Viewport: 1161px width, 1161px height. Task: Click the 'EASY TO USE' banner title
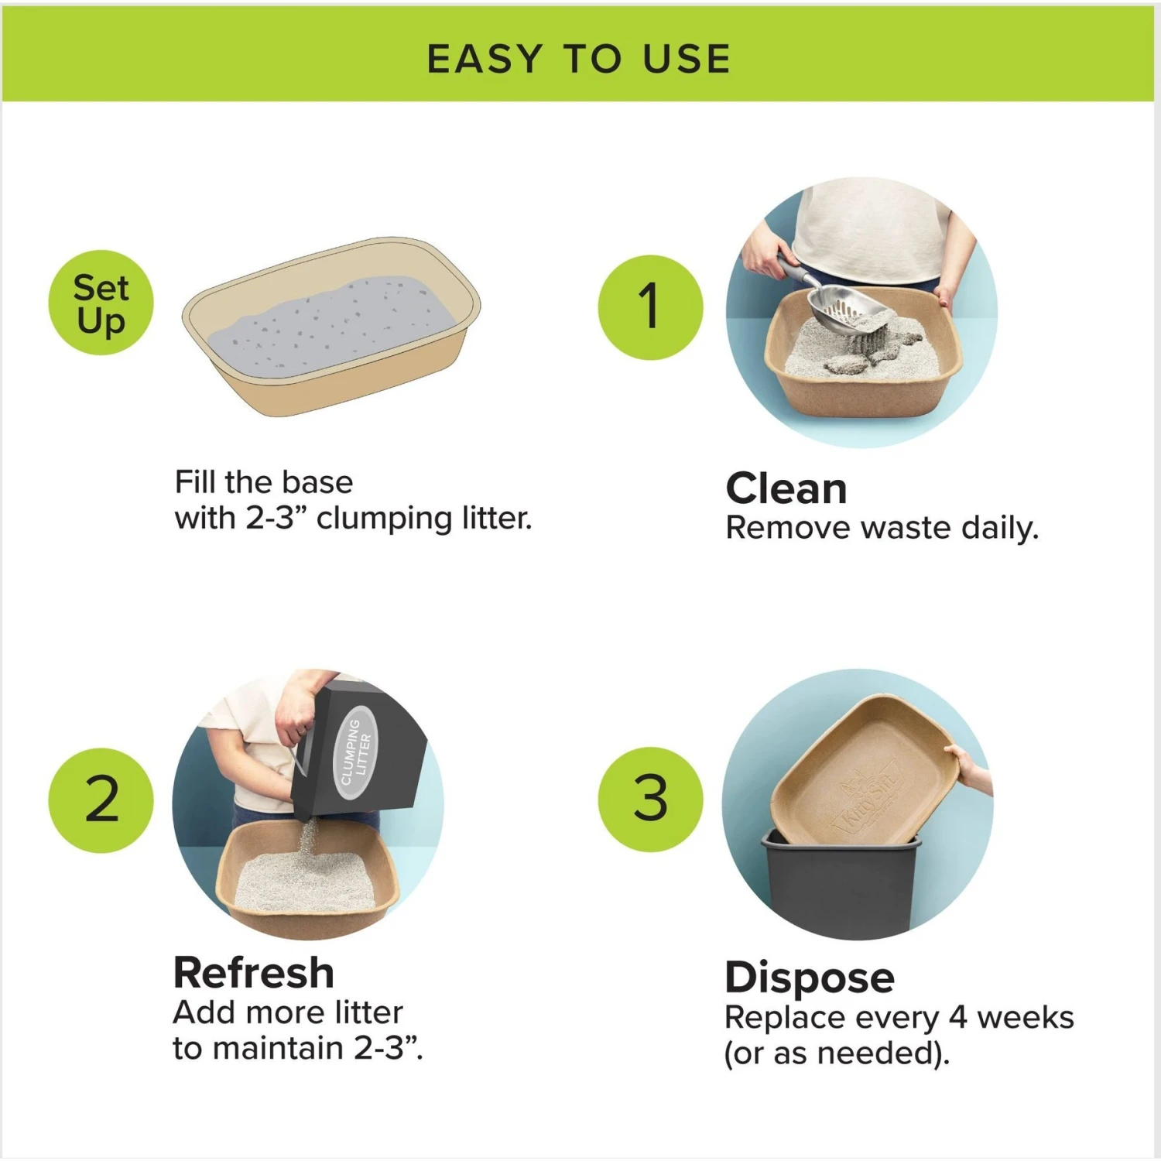pyautogui.click(x=579, y=60)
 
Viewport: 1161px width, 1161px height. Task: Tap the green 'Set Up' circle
pyautogui.click(x=101, y=303)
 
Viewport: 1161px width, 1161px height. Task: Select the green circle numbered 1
pyautogui.click(x=650, y=307)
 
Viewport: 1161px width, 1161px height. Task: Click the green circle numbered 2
pyautogui.click(x=101, y=800)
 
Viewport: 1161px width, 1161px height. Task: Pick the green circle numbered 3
pyautogui.click(x=650, y=800)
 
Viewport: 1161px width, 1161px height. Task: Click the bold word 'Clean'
pyautogui.click(x=786, y=488)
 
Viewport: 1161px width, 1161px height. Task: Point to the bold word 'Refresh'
pyautogui.click(x=253, y=972)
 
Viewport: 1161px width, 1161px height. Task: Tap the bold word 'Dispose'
pyautogui.click(x=809, y=977)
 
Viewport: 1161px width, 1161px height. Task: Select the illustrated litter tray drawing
pyautogui.click(x=331, y=327)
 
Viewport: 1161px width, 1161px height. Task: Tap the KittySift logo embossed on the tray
pyautogui.click(x=867, y=802)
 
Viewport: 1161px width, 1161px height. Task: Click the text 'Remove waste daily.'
pyautogui.click(x=881, y=529)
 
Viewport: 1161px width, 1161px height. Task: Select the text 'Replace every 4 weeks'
pyautogui.click(x=899, y=1017)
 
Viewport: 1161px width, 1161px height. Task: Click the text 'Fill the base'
pyautogui.click(x=263, y=482)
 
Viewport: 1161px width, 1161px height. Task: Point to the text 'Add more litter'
pyautogui.click(x=287, y=1012)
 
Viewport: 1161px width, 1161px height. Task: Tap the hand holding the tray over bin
pyautogui.click(x=971, y=766)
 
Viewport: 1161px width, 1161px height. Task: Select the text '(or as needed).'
pyautogui.click(x=836, y=1053)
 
